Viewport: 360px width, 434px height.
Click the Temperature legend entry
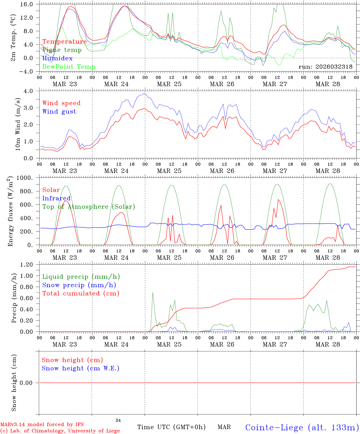point(65,42)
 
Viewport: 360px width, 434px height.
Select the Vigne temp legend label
point(62,50)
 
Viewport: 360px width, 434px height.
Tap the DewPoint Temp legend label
point(69,67)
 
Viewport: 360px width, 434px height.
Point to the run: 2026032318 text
point(325,67)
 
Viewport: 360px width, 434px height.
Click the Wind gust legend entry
point(59,112)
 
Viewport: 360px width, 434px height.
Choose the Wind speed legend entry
point(62,103)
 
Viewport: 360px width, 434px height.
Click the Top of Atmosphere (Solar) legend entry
point(89,207)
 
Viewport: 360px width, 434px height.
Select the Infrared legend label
point(56,198)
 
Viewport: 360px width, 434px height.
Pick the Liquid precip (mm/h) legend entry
point(81,277)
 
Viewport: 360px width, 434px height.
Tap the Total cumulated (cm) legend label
point(81,294)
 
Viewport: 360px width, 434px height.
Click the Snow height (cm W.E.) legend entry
point(81,368)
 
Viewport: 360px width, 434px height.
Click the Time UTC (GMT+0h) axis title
point(171,427)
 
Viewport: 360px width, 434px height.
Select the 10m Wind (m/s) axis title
point(17,124)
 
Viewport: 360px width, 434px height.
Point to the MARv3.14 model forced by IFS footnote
point(42,425)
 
